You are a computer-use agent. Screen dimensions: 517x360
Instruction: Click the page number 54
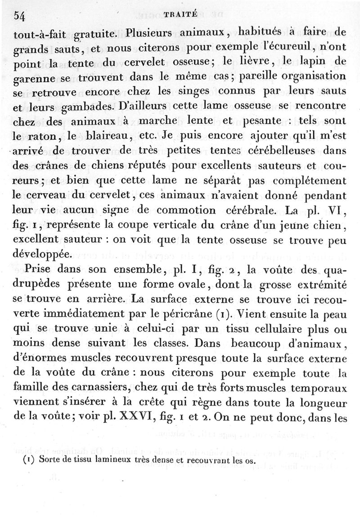19,15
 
